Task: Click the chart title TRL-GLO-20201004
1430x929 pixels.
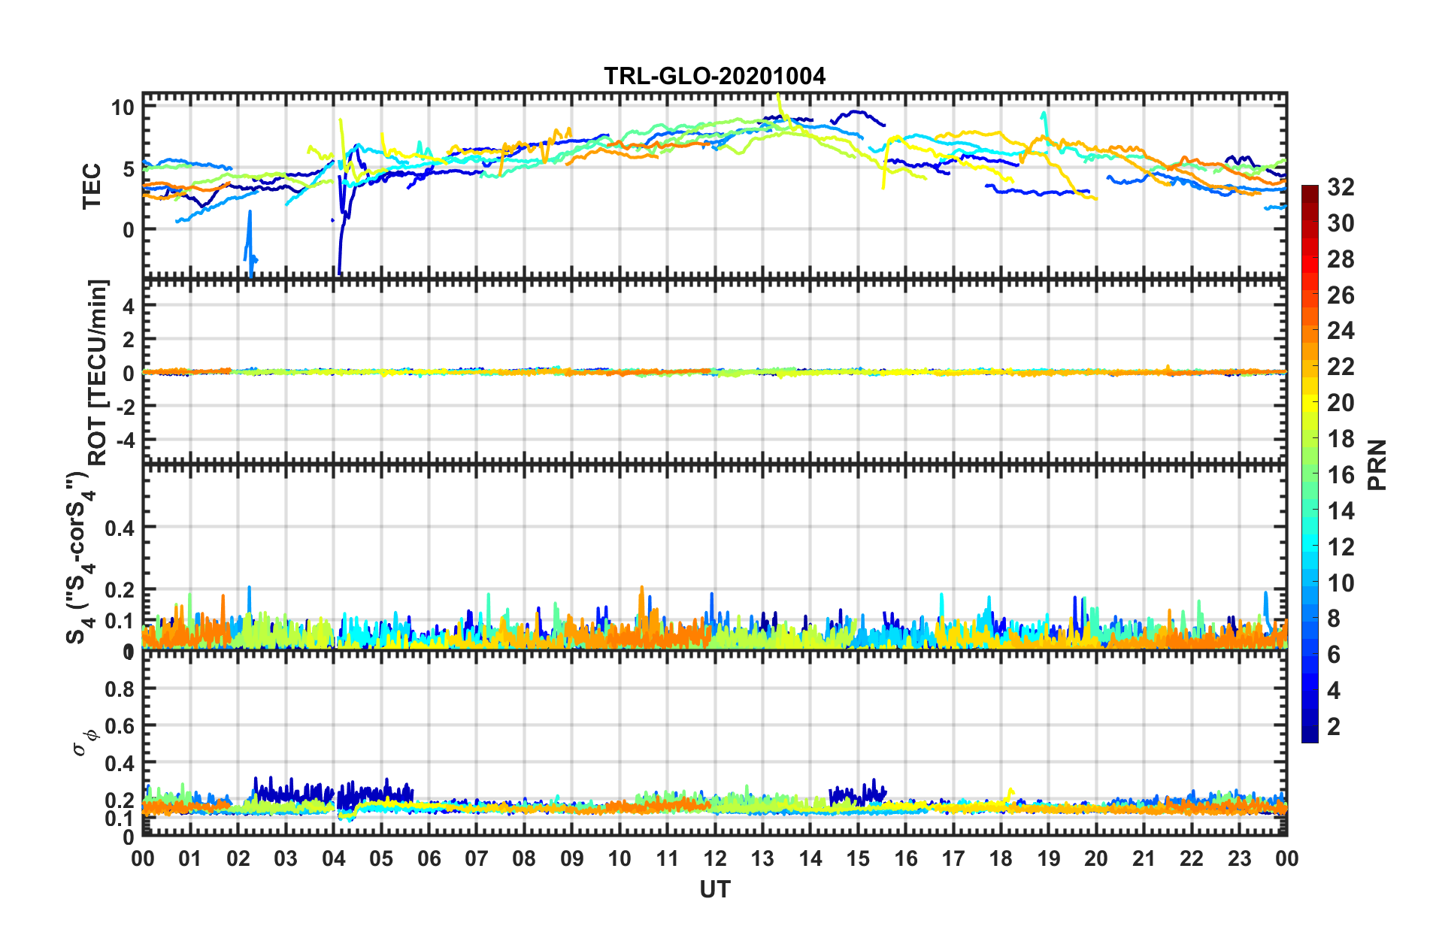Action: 714,76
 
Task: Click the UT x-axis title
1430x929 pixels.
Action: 714,890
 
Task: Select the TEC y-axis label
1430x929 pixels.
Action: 92,186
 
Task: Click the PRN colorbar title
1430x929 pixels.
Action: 1377,465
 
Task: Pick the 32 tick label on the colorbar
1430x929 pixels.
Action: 1341,187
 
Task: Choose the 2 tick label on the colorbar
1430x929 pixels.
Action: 1334,726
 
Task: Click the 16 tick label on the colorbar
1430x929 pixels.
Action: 1341,475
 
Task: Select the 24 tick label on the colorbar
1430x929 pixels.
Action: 1341,331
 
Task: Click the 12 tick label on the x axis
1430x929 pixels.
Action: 714,858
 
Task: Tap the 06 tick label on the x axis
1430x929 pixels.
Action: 429,858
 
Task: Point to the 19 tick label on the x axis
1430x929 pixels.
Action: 1048,858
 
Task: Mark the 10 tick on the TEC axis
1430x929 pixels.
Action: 123,107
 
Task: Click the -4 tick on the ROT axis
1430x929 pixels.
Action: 123,438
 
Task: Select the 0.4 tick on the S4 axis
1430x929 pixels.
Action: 119,528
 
